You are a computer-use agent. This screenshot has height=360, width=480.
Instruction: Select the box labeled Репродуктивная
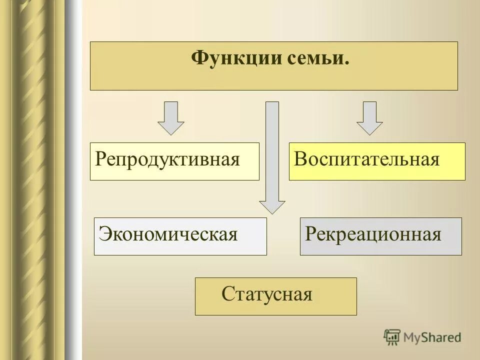pyautogui.click(x=174, y=161)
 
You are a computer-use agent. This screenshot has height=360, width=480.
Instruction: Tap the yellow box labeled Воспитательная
pyautogui.click(x=377, y=161)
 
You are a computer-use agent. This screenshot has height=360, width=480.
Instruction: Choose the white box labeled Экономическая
pyautogui.click(x=180, y=236)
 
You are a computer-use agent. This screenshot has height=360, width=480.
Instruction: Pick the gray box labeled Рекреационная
pyautogui.click(x=380, y=236)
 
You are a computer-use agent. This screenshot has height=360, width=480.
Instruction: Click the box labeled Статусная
pyautogui.click(x=275, y=296)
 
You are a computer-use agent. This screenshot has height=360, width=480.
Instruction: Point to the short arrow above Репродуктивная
pyautogui.click(x=171, y=118)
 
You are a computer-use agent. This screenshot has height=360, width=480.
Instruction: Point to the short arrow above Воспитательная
pyautogui.click(x=369, y=118)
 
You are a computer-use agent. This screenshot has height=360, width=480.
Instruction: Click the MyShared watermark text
pyautogui.click(x=432, y=337)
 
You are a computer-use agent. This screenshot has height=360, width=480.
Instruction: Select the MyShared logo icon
pyautogui.click(x=392, y=337)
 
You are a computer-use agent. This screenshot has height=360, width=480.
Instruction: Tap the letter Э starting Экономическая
pyautogui.click(x=104, y=234)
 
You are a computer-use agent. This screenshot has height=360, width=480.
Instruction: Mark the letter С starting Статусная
pyautogui.click(x=227, y=294)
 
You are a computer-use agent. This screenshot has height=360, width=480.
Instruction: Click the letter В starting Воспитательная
pyautogui.click(x=300, y=160)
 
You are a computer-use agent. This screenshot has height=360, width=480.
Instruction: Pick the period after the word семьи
pyautogui.click(x=346, y=63)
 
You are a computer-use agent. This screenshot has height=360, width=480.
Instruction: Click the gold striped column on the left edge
pyautogui.click(x=30, y=180)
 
